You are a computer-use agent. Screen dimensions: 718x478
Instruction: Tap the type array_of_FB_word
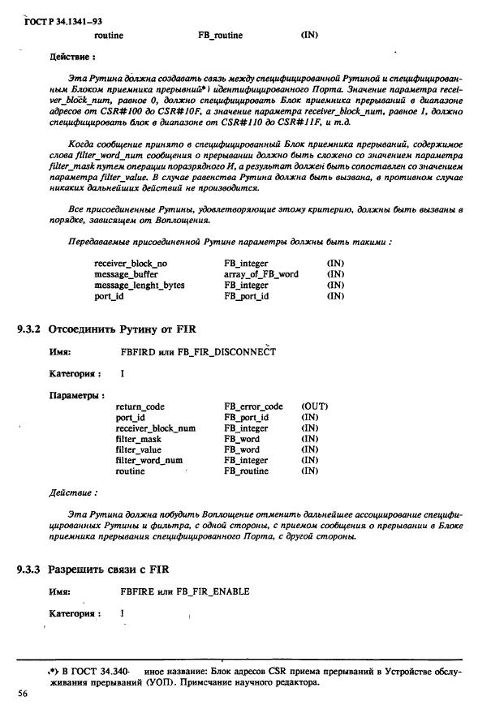click(x=261, y=274)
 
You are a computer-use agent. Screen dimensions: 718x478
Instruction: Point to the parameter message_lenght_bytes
click(x=139, y=285)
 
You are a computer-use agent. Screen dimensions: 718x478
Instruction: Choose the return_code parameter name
click(x=140, y=406)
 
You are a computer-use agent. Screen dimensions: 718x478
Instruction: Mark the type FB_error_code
click(x=253, y=406)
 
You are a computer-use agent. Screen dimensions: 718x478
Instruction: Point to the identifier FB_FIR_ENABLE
click(x=214, y=591)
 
